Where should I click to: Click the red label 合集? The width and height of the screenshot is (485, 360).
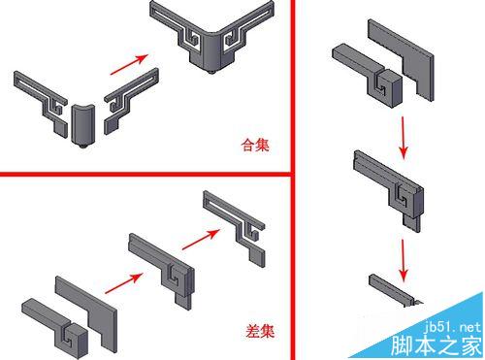click(x=255, y=145)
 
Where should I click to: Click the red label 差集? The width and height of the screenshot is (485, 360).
click(x=260, y=331)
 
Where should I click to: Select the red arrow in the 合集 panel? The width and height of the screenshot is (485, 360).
click(x=129, y=64)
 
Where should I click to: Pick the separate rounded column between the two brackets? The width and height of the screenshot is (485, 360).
click(x=82, y=124)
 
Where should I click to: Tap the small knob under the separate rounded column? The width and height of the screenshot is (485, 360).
click(x=82, y=146)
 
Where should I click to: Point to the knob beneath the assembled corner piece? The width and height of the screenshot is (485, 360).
click(x=211, y=71)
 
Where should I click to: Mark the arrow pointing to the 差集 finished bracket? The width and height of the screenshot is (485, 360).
click(x=201, y=240)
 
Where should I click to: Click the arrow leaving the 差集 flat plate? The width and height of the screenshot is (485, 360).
click(x=124, y=283)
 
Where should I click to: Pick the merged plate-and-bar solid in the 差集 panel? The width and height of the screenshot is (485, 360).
click(x=162, y=270)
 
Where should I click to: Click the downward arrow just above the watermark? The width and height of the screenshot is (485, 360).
click(x=403, y=260)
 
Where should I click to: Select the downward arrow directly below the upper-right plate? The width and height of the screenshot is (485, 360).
click(x=403, y=138)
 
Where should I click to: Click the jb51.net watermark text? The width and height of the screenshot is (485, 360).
click(x=452, y=327)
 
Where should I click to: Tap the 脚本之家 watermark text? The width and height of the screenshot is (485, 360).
click(x=436, y=345)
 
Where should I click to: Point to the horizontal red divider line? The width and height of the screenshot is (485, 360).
click(x=146, y=175)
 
